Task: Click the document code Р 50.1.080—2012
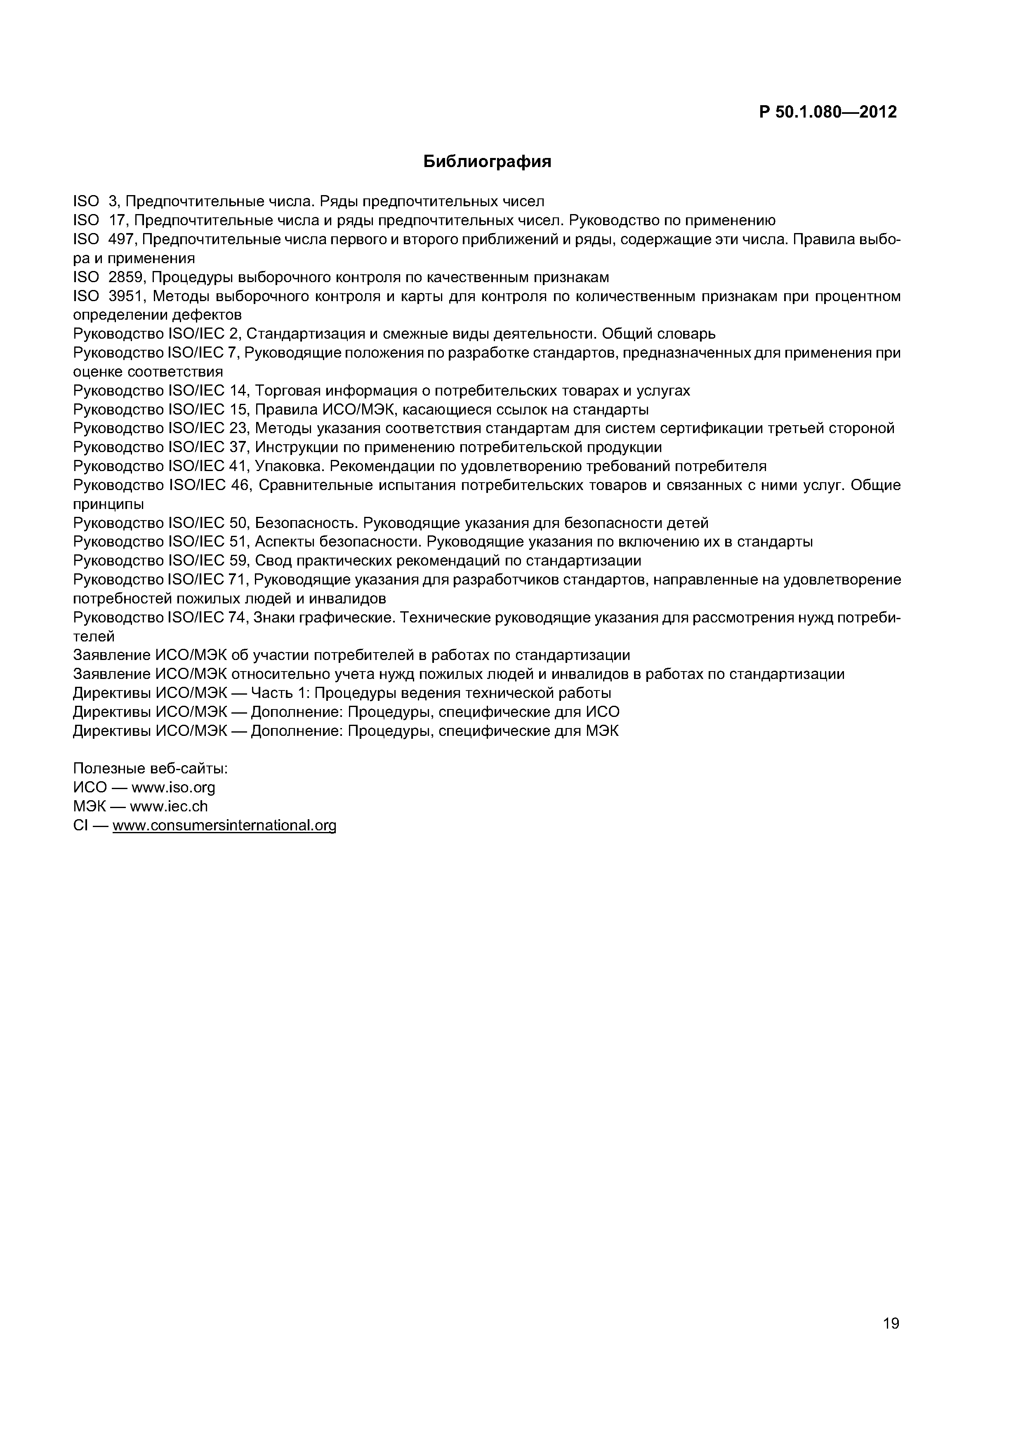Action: (827, 112)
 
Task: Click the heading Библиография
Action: (487, 162)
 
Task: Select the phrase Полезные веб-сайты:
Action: (150, 769)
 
